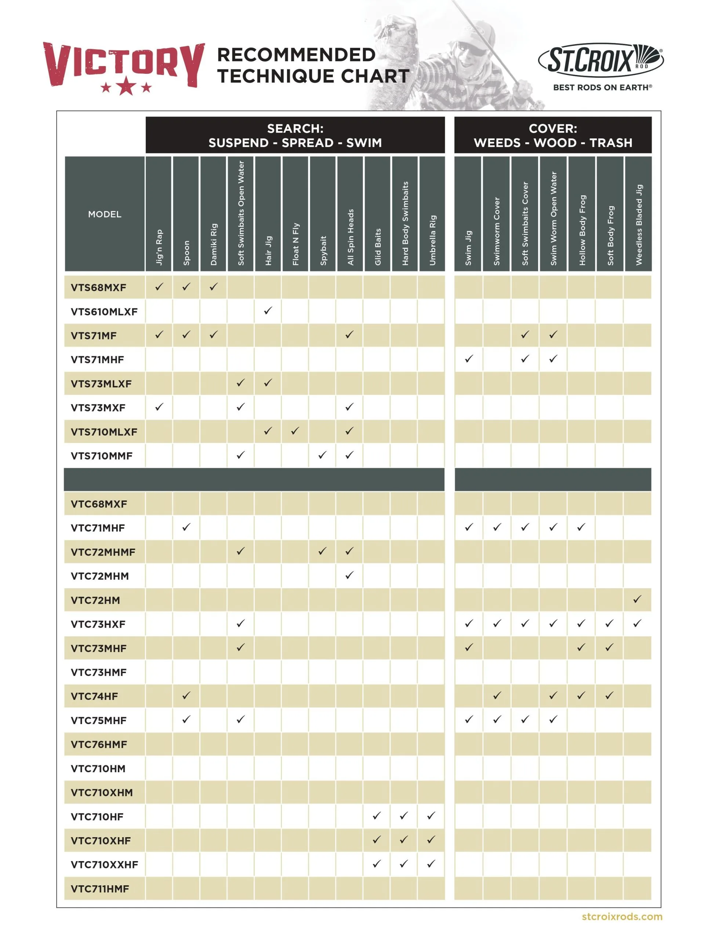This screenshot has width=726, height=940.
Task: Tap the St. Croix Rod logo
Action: [601, 60]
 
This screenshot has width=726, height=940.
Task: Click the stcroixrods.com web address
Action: [621, 916]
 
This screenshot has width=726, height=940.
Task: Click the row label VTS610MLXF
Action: [104, 312]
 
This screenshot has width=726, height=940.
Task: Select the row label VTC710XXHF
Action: [104, 864]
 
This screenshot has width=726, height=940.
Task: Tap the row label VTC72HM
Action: [95, 600]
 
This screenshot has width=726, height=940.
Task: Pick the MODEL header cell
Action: [105, 214]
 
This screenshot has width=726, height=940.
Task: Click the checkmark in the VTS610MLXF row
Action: [268, 310]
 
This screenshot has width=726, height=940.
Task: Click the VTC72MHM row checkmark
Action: [349, 575]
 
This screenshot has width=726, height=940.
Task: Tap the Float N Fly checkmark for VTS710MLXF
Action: [295, 430]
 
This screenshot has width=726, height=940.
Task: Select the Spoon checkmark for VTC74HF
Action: [186, 695]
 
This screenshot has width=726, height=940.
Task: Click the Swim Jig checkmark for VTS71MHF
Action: [469, 358]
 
